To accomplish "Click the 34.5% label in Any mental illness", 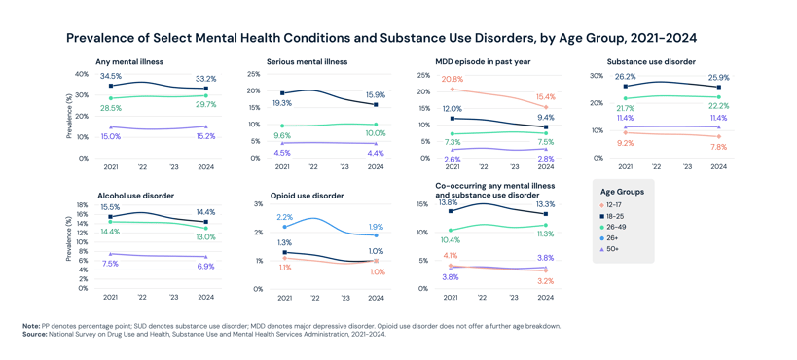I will point(111,76).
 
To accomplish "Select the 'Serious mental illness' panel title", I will point(308,62).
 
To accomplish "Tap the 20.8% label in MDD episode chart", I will point(452,79).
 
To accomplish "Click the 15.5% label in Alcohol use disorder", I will point(110,207).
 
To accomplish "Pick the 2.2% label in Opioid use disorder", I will point(284,217).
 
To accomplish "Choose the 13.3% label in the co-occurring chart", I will point(545,204).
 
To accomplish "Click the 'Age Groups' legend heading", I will point(622,192).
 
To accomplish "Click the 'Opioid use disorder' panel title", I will point(308,196).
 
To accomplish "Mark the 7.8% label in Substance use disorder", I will point(718,147).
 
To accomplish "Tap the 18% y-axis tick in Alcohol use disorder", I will point(82,205).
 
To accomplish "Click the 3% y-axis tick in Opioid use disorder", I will point(258,204).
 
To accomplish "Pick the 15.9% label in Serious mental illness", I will point(376,94).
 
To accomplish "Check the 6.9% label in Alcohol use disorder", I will point(205,266).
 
